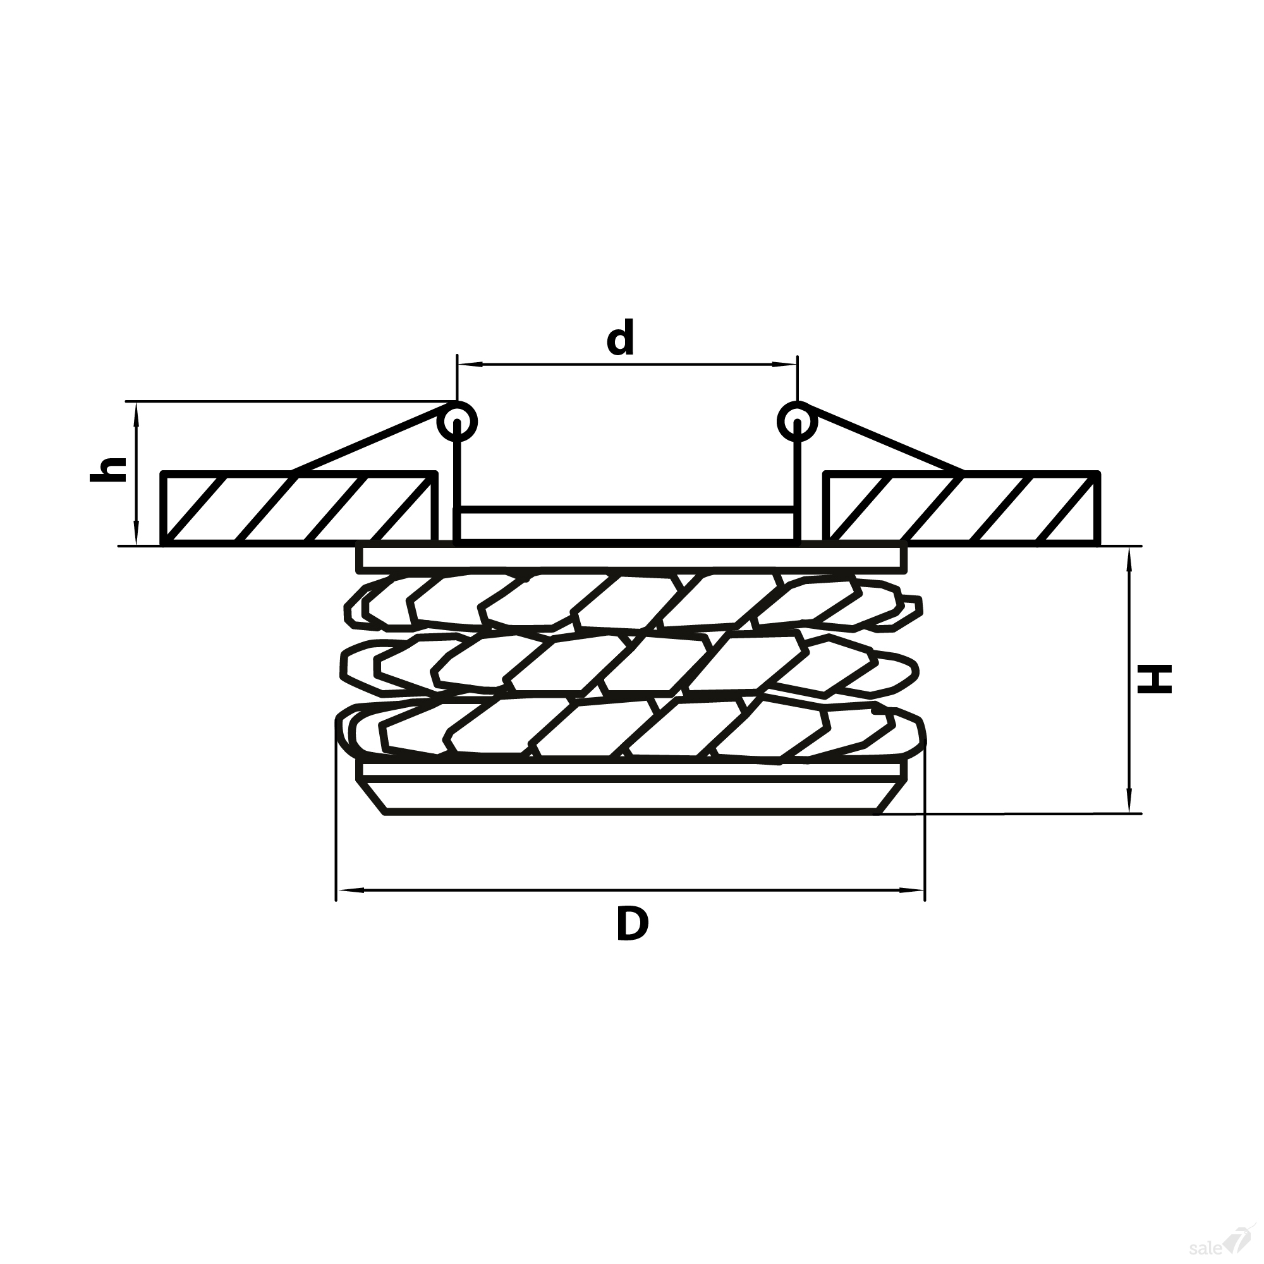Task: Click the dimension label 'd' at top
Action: coord(619,337)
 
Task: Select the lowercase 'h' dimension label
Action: coord(108,470)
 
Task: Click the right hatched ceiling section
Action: coord(962,507)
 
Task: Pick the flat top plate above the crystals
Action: coord(632,558)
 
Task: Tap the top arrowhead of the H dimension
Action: coord(1129,560)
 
